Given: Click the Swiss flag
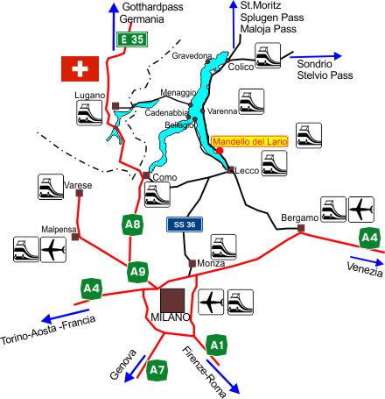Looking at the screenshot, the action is pyautogui.click(x=80, y=68).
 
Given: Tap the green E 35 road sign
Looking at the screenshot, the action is pyautogui.click(x=132, y=39).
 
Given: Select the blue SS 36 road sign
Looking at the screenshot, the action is pyautogui.click(x=185, y=224).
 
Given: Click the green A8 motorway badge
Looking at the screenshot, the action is pyautogui.click(x=133, y=224).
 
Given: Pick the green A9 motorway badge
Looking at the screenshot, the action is pyautogui.click(x=138, y=272).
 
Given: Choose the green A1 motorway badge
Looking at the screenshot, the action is pyautogui.click(x=217, y=346).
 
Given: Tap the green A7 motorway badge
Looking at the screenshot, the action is pyautogui.click(x=157, y=370).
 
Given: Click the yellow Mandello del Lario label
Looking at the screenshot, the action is pyautogui.click(x=249, y=141).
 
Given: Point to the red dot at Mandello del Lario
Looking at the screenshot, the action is pyautogui.click(x=220, y=151).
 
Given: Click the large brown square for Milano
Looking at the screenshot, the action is pyautogui.click(x=172, y=301).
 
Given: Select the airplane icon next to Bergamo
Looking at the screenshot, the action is pyautogui.click(x=361, y=210).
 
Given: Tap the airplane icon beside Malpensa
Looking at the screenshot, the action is pyautogui.click(x=53, y=250).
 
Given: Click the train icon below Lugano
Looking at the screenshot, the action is pyautogui.click(x=89, y=113).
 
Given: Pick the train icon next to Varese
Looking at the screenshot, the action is pyautogui.click(x=51, y=187).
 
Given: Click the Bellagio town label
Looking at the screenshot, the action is pyautogui.click(x=179, y=125).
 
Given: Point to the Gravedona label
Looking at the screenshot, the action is pyautogui.click(x=192, y=55).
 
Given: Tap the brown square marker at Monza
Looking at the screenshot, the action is pyautogui.click(x=192, y=263).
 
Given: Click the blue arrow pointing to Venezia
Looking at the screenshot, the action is pyautogui.click(x=367, y=260).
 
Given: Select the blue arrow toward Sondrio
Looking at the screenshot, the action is pyautogui.click(x=316, y=56).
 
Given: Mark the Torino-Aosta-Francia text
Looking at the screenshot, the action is pyautogui.click(x=48, y=330).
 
